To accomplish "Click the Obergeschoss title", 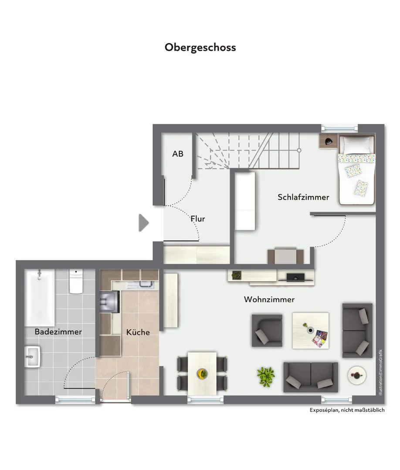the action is click(200, 47).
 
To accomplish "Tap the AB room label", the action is click(178, 154).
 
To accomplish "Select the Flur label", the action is click(198, 219).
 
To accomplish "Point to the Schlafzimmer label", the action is click(303, 197).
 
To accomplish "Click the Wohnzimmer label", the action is click(269, 299).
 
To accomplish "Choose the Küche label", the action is click(138, 332).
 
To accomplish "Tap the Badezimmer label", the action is click(58, 332).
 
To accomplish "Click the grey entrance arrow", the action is click(144, 223).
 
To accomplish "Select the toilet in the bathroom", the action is click(76, 281).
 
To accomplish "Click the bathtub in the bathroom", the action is click(40, 297).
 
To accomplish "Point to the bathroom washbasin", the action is click(32, 357).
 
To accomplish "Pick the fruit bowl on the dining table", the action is click(202, 373).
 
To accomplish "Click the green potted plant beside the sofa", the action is click(266, 376).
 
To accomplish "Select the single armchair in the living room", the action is click(267, 331).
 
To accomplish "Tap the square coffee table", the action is click(311, 331).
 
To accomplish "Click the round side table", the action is click(357, 375).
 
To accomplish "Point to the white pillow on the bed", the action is click(357, 145).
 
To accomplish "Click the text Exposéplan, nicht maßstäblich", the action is click(347, 410).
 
